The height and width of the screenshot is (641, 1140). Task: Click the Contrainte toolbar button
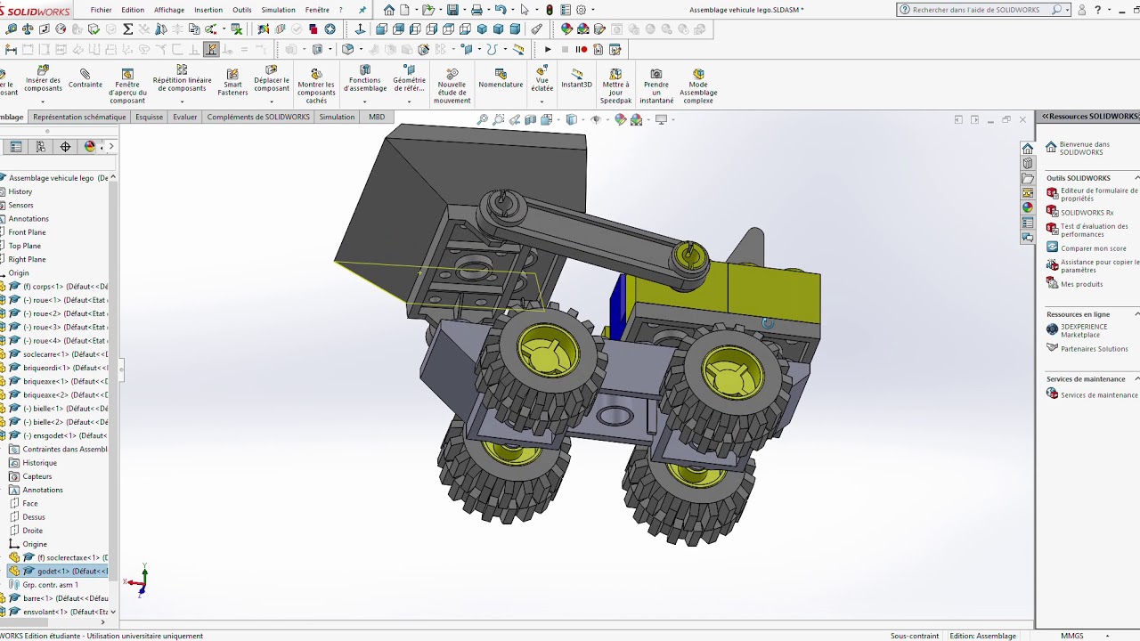coord(85,79)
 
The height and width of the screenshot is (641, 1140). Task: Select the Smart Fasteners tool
coord(232,83)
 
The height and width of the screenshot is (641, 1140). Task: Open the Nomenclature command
coord(501,79)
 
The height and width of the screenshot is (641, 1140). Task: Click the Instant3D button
coord(576,79)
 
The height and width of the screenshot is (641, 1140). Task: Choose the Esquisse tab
coord(149,117)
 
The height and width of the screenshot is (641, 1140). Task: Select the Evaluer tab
coord(184,117)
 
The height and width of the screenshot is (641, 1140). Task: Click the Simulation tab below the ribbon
coord(337,117)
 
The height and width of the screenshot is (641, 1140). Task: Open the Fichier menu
coord(101,10)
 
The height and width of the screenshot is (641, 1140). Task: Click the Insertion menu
coord(208,10)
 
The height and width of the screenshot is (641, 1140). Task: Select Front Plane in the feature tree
coord(27,232)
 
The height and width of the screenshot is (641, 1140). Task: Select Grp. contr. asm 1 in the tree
coord(50,585)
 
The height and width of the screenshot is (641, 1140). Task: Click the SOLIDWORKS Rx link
coord(1087,213)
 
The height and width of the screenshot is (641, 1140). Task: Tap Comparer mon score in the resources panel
coord(1093,248)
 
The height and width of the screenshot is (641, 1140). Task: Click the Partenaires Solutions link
coord(1094,349)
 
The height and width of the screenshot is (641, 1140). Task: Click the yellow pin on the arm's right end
coord(690,256)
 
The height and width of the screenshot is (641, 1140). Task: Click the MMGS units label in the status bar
coord(1071,636)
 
